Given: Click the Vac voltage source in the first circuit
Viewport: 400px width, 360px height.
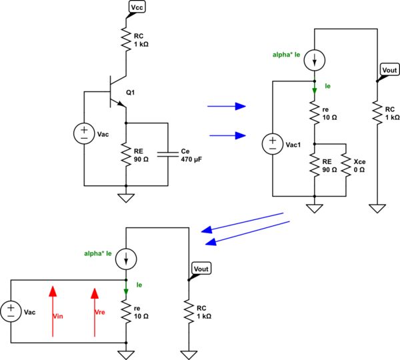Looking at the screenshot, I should [84, 133].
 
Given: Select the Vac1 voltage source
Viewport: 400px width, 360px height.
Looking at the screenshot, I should [273, 144].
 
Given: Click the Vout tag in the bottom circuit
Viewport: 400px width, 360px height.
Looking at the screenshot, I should [201, 269].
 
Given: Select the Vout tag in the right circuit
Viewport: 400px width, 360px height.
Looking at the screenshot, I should [388, 70].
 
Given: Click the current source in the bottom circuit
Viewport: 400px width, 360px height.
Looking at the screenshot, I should [126, 257].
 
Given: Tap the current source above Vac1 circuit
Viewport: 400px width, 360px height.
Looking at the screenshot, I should [314, 61].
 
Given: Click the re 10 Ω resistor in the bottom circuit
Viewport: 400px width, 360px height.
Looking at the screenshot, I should [126, 311].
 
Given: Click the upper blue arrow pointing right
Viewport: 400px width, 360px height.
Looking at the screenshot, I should [227, 106].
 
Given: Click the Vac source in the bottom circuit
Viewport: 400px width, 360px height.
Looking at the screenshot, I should [12, 311].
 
